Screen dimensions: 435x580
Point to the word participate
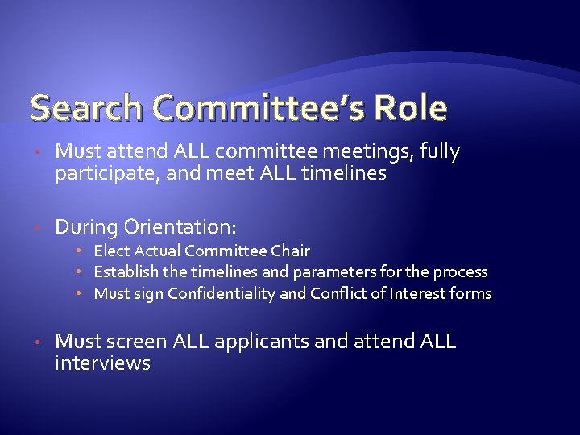101,174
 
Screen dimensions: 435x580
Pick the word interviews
102,363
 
